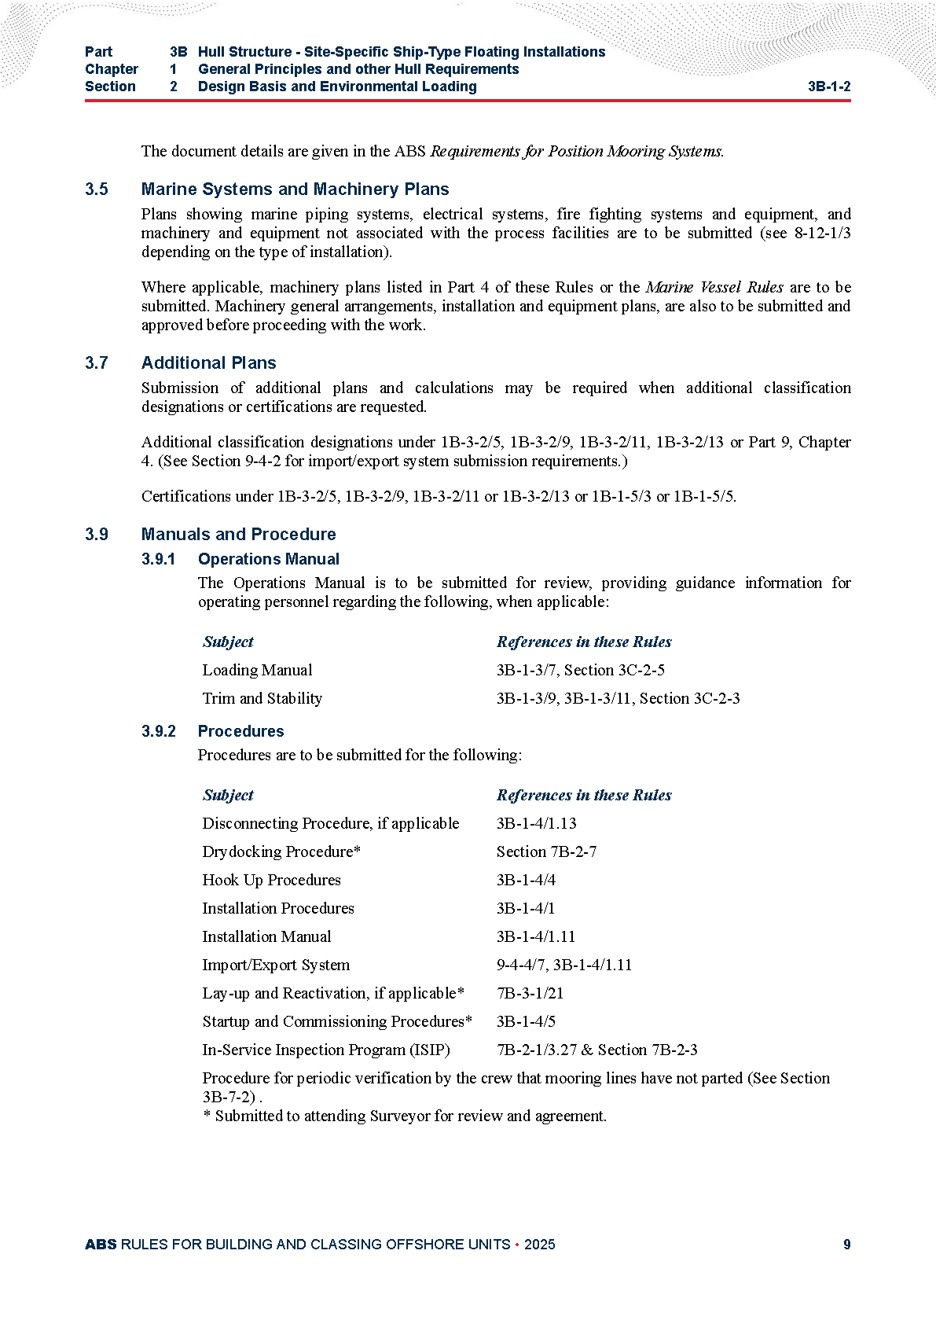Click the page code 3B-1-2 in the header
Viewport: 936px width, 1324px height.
[x=828, y=86]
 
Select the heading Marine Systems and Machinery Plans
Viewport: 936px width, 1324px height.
[x=295, y=189]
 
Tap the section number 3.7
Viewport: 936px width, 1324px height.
[x=97, y=363]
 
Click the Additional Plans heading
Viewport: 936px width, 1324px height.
[x=208, y=363]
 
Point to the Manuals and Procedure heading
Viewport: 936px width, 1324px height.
[x=238, y=535]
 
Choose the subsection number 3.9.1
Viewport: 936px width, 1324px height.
[x=158, y=559]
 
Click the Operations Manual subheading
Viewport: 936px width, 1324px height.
[x=268, y=559]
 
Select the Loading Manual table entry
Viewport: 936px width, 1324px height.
[x=257, y=670]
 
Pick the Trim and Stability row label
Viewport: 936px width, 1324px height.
[x=262, y=698]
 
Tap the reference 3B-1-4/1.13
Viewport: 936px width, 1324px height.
[x=536, y=823]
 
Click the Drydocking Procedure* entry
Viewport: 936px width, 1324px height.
[x=281, y=851]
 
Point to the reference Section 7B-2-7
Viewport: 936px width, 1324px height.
[x=546, y=851]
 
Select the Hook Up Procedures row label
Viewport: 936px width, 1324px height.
[x=271, y=880]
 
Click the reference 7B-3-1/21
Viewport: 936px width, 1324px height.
[x=530, y=993]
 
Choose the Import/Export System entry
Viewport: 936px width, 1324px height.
[x=276, y=965]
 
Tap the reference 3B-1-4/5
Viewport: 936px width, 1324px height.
[x=526, y=1021]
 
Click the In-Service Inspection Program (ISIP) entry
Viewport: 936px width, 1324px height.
[x=325, y=1050]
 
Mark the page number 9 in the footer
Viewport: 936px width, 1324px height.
[x=846, y=1245]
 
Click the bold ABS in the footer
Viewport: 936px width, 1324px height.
[x=101, y=1245]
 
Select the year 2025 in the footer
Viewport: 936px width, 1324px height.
[x=539, y=1245]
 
